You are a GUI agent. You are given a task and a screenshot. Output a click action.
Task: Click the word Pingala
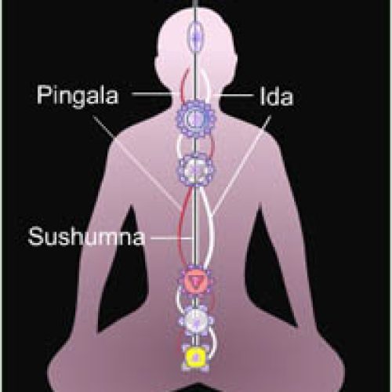tap(78, 96)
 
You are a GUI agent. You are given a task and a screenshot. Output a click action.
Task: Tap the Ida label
tap(277, 96)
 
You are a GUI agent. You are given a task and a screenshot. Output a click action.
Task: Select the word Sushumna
tap(86, 237)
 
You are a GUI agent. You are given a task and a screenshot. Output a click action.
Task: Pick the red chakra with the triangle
tap(195, 281)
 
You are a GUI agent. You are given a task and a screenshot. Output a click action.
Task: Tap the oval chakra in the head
tap(195, 37)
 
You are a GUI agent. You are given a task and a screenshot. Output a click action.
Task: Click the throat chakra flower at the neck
tap(195, 119)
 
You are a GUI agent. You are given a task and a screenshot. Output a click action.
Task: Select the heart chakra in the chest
tap(195, 169)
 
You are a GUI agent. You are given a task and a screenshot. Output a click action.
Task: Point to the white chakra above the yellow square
tap(195, 321)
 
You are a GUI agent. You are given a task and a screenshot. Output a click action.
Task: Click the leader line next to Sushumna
tap(171, 238)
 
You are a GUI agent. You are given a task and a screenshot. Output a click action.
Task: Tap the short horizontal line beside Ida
tap(234, 95)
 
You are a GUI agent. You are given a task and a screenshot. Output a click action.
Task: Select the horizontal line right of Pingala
tap(154, 94)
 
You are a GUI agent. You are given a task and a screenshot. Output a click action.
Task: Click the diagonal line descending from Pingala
tap(137, 162)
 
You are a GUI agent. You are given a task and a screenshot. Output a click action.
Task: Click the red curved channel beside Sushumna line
tap(181, 227)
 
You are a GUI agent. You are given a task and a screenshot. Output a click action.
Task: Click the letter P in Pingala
tap(44, 95)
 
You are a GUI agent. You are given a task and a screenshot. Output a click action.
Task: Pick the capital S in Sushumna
tap(35, 237)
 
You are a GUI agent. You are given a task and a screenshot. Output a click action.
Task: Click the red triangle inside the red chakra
tap(195, 282)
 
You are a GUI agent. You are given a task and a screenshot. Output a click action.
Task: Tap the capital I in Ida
tap(263, 96)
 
